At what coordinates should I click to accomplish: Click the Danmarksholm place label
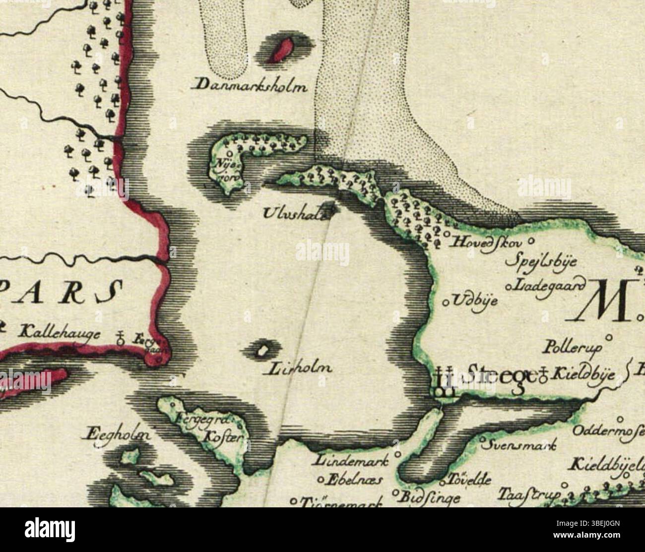(x=250, y=86)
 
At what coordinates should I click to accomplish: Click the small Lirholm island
(x=261, y=351)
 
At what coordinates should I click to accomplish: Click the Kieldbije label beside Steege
(x=585, y=374)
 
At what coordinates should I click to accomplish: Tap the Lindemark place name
(x=350, y=460)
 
